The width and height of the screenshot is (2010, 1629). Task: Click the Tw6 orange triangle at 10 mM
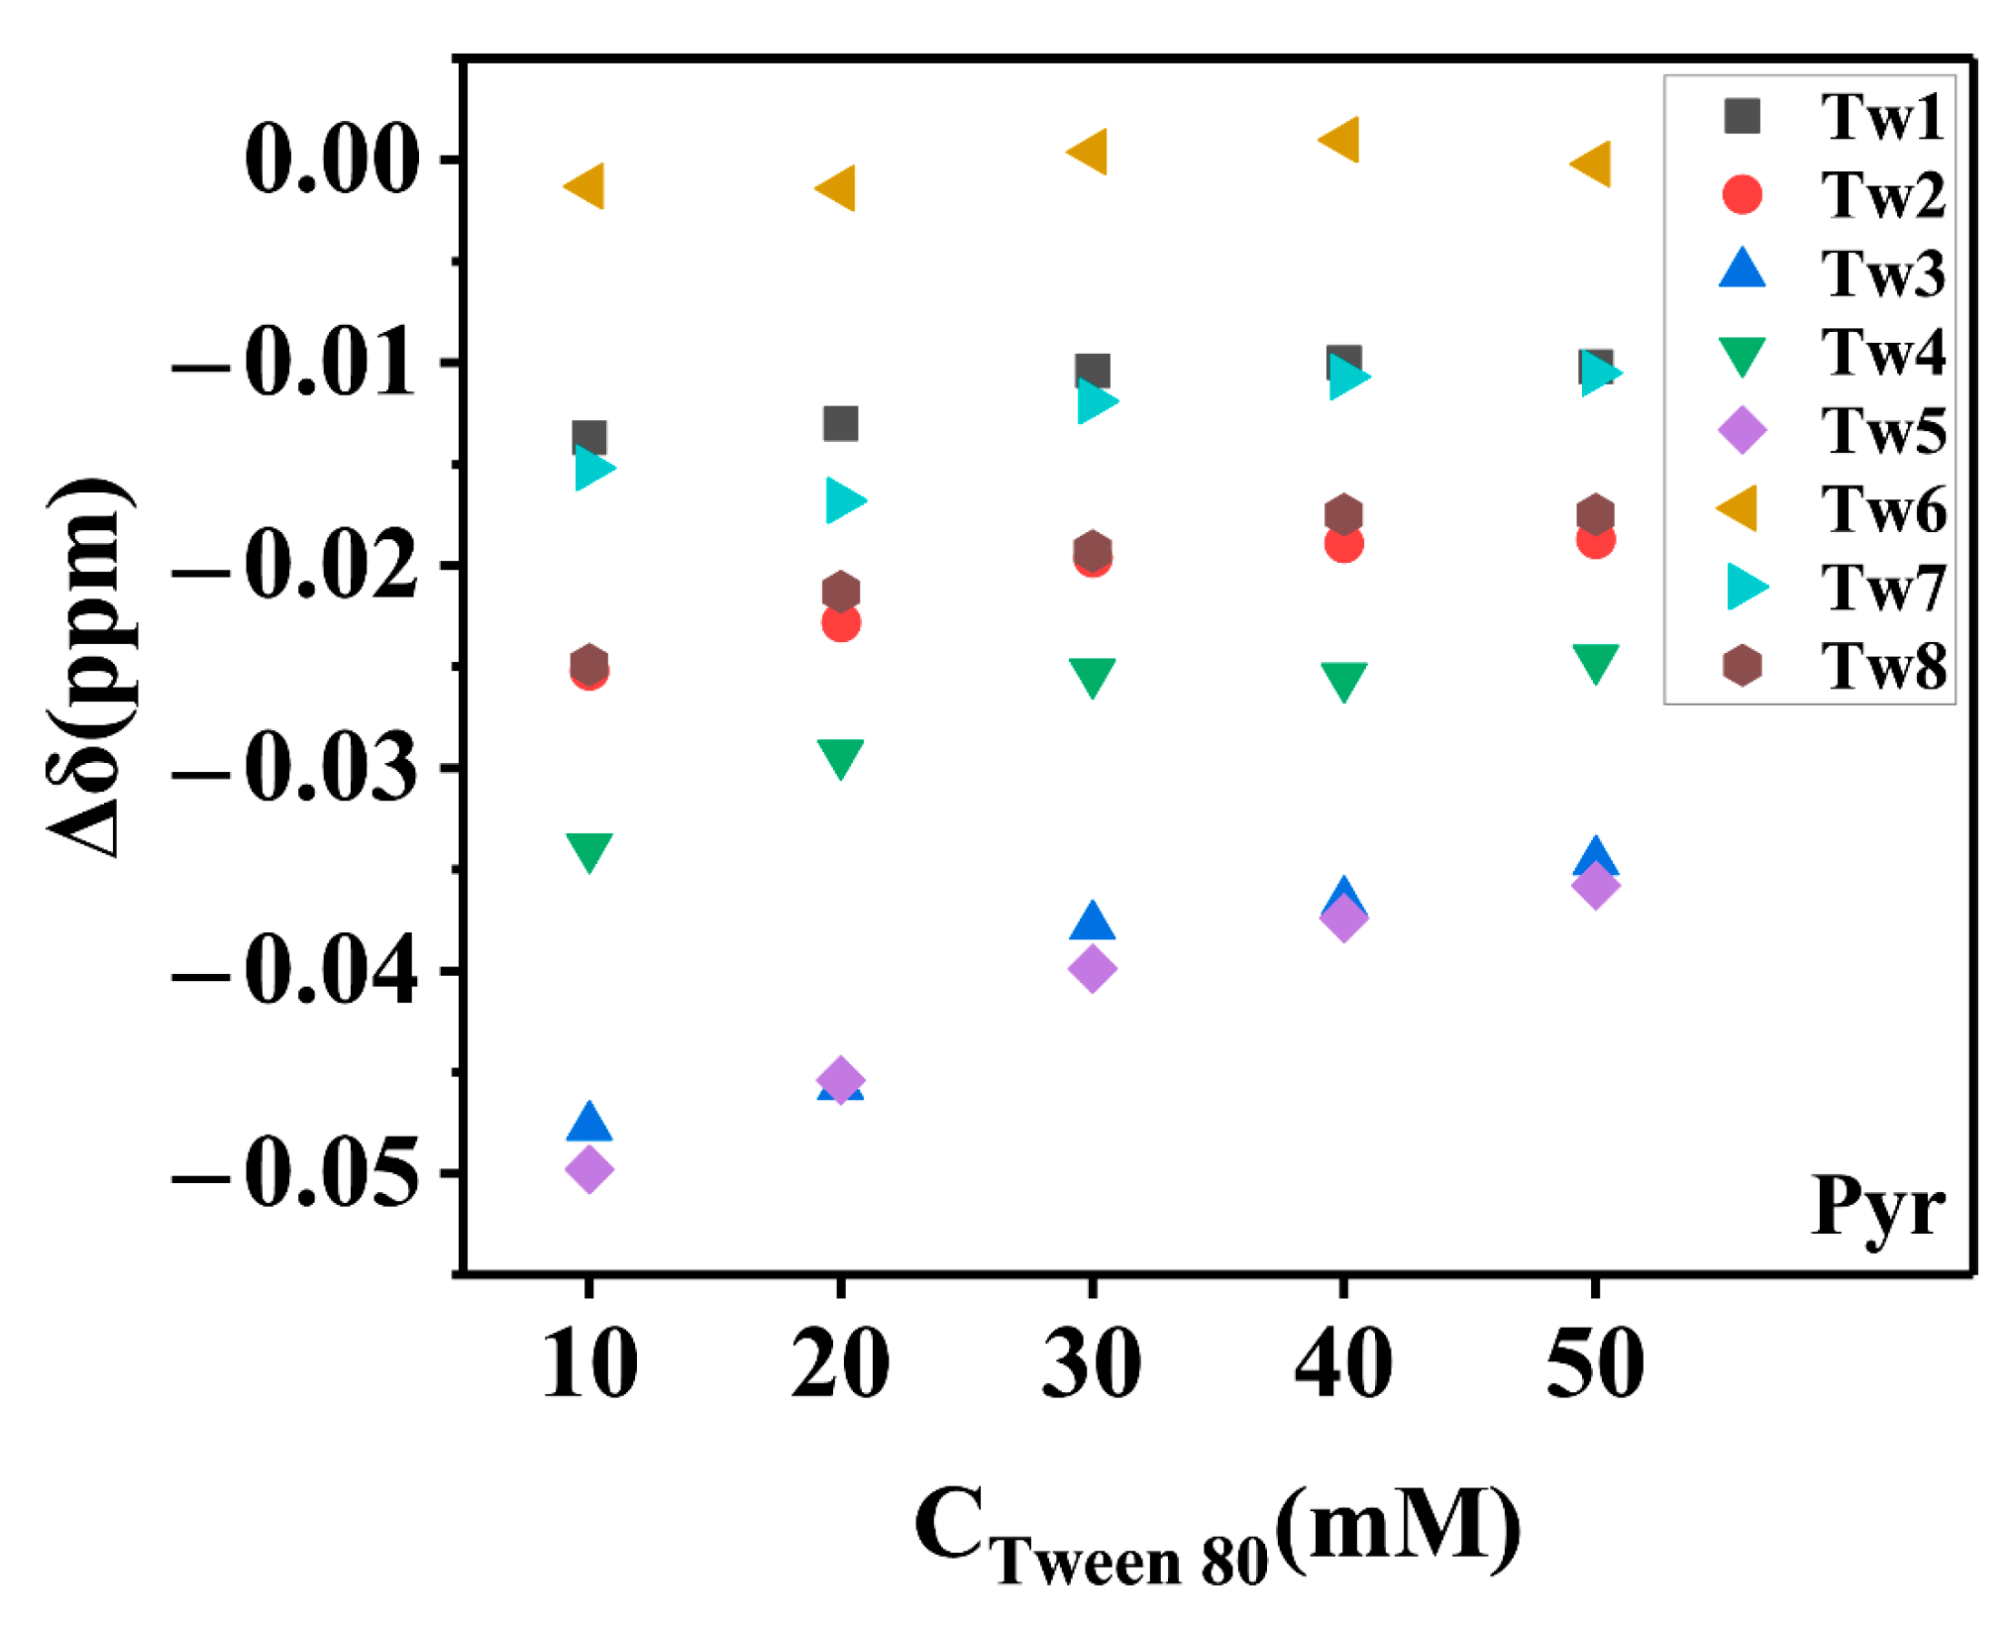click(586, 186)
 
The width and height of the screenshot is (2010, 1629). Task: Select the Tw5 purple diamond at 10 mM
click(588, 1168)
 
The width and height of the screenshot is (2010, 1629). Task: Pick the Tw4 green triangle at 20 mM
click(840, 758)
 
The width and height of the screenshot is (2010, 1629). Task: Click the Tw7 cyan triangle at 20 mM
click(844, 499)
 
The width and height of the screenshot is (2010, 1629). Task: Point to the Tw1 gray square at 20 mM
click(840, 424)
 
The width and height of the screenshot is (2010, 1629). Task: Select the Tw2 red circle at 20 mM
click(840, 623)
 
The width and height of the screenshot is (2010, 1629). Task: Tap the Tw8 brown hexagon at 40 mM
click(1343, 514)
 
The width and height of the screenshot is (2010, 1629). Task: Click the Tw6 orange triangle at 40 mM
click(1341, 140)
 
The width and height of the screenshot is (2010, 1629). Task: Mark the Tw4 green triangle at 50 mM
click(1595, 662)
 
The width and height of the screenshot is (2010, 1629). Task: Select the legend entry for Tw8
click(1833, 665)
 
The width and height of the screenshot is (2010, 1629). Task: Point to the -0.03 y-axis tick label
click(294, 770)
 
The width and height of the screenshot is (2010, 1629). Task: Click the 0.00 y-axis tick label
click(330, 160)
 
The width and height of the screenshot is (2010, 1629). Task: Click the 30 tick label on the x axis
click(1092, 1364)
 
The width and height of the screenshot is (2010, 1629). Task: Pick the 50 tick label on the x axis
click(1595, 1364)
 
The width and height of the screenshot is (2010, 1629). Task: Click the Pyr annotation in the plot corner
click(1877, 1207)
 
